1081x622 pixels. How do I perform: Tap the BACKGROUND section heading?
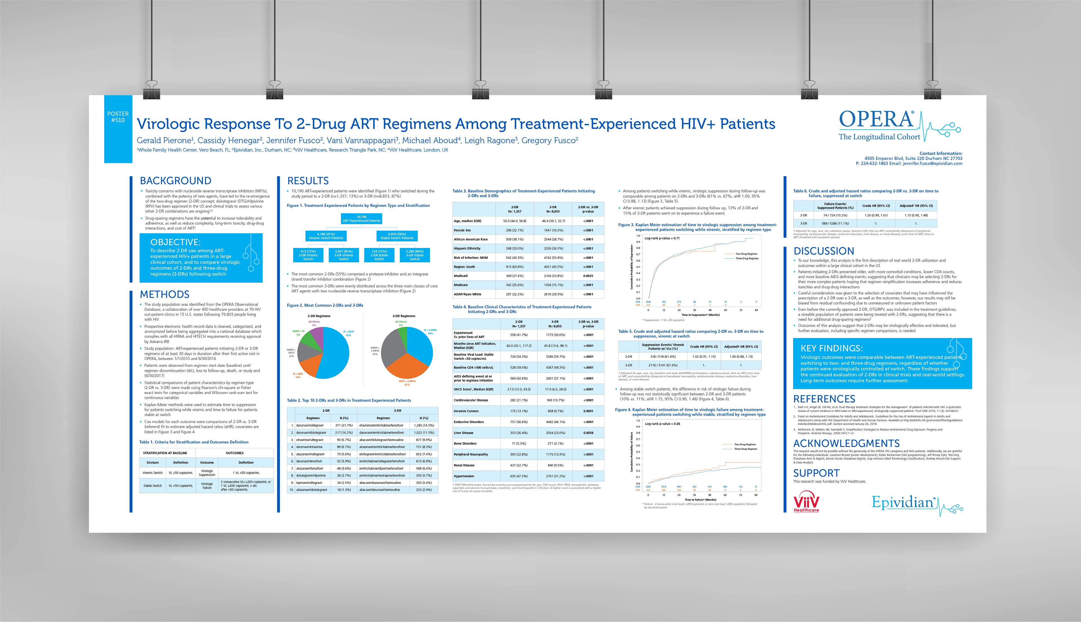(x=176, y=181)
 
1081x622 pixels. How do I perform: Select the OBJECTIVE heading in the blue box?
(x=175, y=242)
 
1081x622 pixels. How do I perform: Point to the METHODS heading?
(x=164, y=294)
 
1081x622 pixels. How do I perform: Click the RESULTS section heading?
(x=308, y=181)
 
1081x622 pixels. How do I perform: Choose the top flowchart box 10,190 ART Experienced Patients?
(x=361, y=219)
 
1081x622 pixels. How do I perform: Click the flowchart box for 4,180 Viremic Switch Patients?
(x=326, y=236)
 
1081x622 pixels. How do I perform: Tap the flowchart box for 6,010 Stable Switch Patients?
(x=397, y=236)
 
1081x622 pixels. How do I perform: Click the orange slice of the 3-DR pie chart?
(x=407, y=365)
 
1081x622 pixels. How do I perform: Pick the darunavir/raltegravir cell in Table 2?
(x=310, y=426)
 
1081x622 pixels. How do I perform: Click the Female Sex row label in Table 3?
(x=462, y=230)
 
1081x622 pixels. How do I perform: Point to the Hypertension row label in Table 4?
(x=464, y=476)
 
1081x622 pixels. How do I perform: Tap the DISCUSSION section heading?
(x=823, y=251)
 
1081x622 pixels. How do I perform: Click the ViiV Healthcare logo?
(x=806, y=502)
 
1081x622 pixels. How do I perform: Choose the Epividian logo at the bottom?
(x=904, y=503)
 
